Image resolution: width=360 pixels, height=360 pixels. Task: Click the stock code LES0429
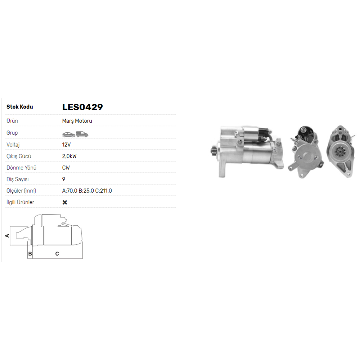point(82,107)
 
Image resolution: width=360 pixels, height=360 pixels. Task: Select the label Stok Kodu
point(20,107)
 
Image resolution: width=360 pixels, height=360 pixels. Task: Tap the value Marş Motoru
point(77,121)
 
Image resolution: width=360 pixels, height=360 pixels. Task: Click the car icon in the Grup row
point(69,134)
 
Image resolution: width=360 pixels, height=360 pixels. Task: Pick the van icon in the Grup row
point(82,134)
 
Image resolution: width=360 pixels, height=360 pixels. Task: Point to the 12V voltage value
point(66,145)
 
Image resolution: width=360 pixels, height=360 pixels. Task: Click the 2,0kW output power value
point(69,156)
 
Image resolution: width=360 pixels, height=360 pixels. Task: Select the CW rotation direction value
point(66,168)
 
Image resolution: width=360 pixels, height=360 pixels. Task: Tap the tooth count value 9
point(64,179)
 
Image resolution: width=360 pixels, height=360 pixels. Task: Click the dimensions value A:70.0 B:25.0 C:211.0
point(87,191)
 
